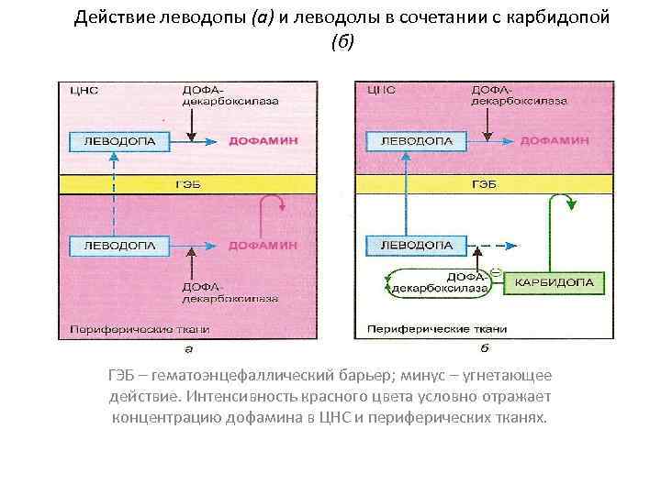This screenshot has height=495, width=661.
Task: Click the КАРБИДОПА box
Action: (558, 283)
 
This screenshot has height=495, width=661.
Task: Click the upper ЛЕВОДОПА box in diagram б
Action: (409, 140)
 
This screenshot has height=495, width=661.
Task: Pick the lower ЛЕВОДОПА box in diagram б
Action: (409, 246)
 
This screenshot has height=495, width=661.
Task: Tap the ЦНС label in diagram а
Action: (78, 91)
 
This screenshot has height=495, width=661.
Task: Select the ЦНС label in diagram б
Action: (379, 91)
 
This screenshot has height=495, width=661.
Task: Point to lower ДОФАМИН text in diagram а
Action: (263, 246)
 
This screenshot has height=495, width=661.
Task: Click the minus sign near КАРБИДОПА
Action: (494, 271)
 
